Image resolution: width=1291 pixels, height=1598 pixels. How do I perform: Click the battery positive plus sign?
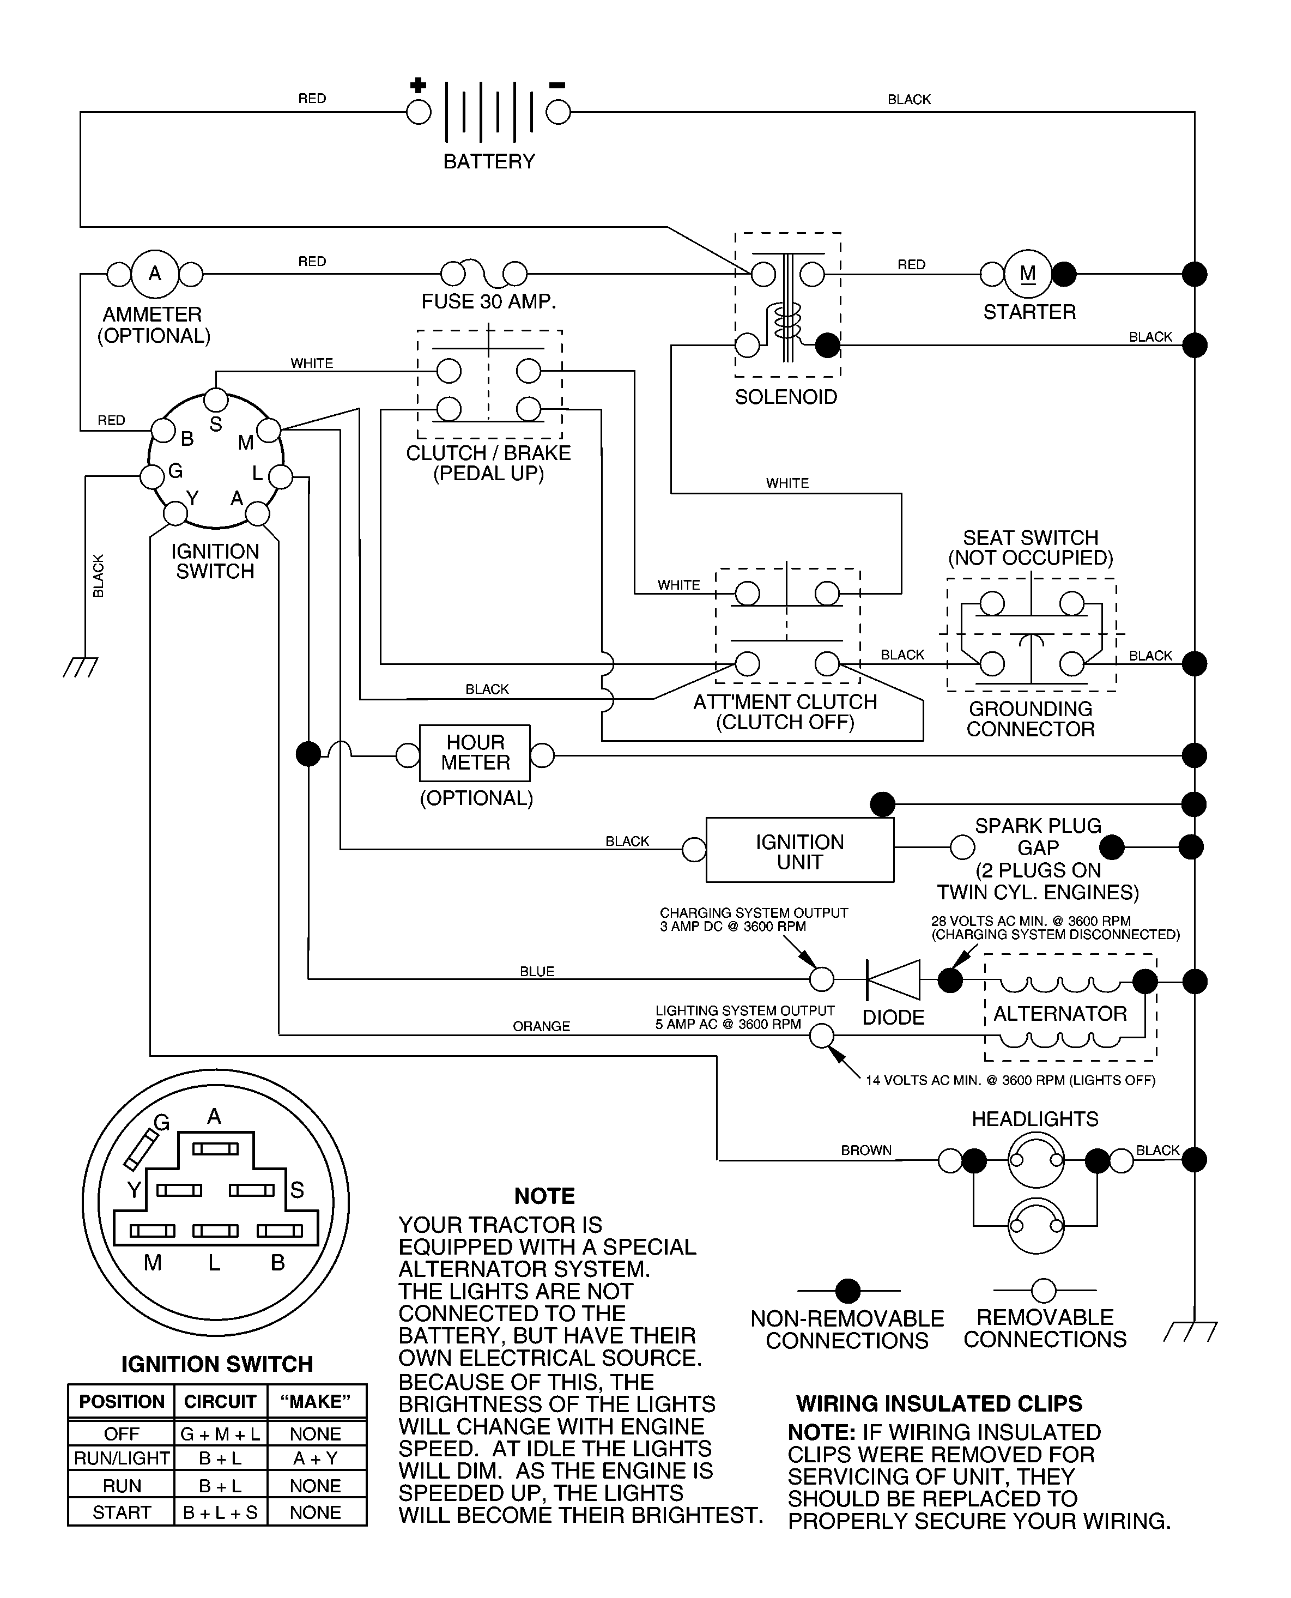coord(418,85)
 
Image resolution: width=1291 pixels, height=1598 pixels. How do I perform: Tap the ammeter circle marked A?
coord(155,274)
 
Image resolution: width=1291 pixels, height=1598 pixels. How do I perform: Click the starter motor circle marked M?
coord(1028,274)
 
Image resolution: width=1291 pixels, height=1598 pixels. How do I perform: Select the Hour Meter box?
coord(475,753)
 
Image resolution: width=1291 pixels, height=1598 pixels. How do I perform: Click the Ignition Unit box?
coord(800,850)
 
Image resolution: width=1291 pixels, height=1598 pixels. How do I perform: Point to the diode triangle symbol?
coord(893,980)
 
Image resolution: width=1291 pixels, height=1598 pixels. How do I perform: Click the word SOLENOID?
coord(786,397)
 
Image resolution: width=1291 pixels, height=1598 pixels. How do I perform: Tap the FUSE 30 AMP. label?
coord(489,301)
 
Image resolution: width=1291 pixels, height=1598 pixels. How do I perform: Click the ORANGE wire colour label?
coord(541,1026)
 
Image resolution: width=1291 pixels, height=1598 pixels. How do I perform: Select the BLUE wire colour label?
coord(537,971)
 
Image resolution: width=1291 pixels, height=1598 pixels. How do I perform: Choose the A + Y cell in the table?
coord(316,1458)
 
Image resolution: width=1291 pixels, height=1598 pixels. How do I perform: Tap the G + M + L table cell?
coord(220,1433)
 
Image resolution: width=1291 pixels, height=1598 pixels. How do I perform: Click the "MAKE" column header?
coord(316,1402)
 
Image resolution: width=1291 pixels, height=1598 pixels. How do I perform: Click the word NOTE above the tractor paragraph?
coord(544,1196)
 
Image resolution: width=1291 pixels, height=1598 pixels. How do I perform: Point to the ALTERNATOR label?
coord(1060,1014)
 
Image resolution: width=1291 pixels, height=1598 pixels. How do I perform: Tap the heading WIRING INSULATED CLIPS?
coord(940,1404)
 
